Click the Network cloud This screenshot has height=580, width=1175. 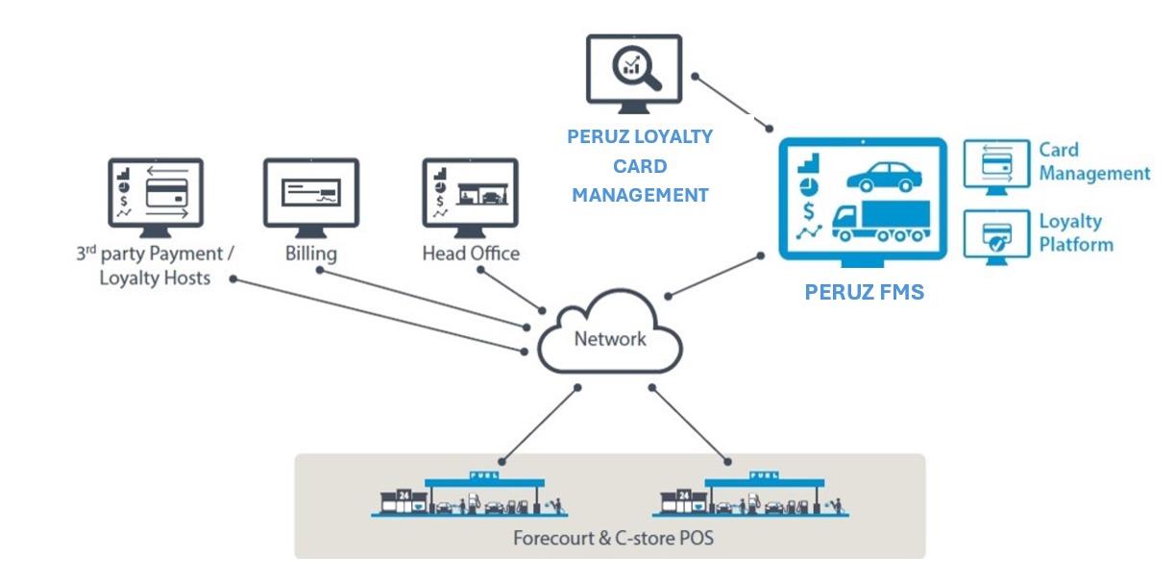coord(609,337)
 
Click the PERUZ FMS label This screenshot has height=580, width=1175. coord(864,293)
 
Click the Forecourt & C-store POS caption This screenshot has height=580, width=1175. coord(613,538)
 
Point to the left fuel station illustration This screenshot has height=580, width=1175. coord(467,495)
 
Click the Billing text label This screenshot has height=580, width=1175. coord(310,254)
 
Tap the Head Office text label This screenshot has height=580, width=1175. coord(471,254)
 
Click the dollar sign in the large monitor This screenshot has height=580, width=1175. coord(810,210)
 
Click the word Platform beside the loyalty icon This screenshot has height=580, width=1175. coord(1075,244)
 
